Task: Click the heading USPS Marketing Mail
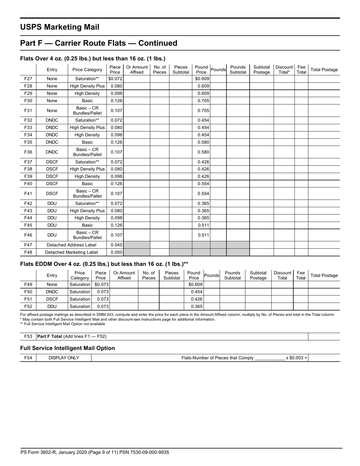point(60,27)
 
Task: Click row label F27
point(28,79)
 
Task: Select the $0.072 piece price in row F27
point(115,79)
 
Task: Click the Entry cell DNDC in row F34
point(52,135)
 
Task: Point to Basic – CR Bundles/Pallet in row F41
point(87,194)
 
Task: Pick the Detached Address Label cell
point(71,245)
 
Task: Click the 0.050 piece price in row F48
point(116,252)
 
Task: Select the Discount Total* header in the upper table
point(284,70)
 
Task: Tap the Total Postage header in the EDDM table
point(324,275)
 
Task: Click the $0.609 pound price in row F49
point(196,285)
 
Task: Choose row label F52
point(28,306)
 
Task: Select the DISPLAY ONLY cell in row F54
point(64,358)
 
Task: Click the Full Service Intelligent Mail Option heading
point(67,348)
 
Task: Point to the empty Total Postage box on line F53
point(324,336)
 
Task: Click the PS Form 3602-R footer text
point(95,452)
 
